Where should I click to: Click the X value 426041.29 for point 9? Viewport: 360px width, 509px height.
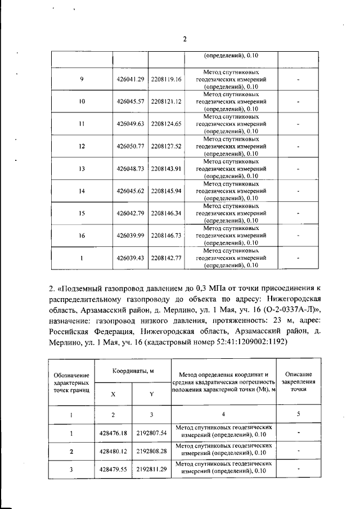[x=130, y=80]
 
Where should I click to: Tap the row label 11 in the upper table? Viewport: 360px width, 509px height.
[x=82, y=124]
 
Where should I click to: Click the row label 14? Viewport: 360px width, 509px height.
[x=82, y=191]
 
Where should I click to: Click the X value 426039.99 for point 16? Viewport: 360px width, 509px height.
[x=130, y=236]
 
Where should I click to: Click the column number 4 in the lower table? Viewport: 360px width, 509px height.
[x=223, y=415]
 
